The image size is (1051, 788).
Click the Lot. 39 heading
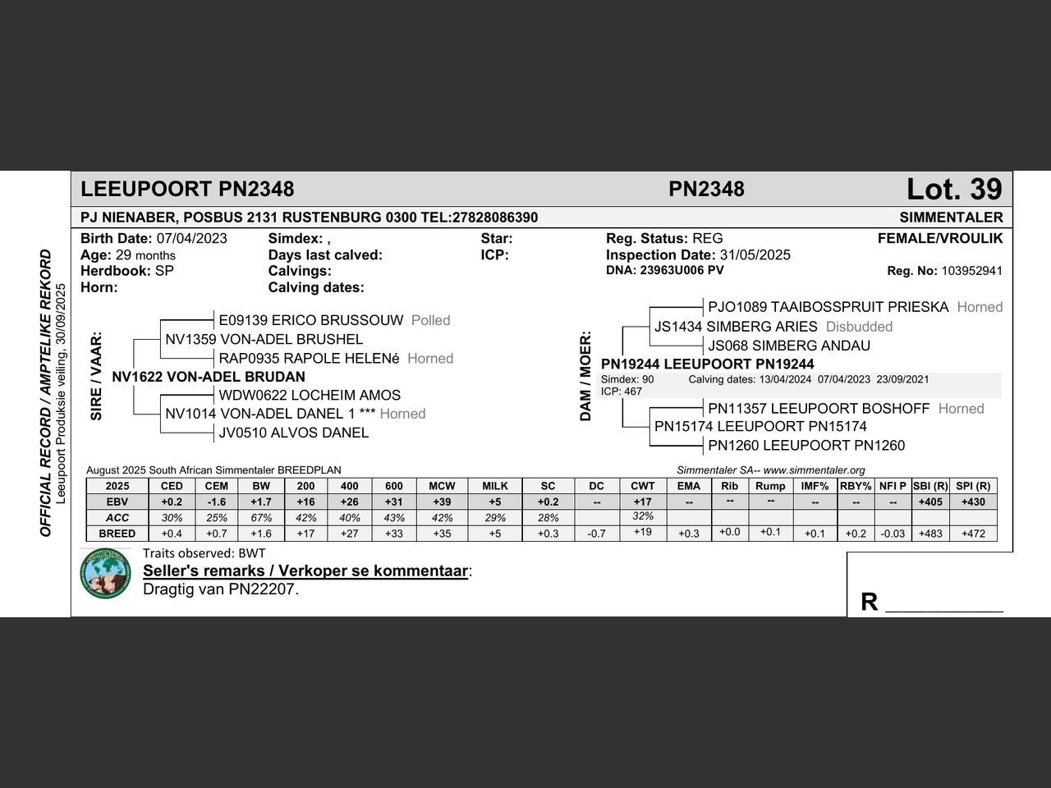coord(954,190)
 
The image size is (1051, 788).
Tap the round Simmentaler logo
coord(106,574)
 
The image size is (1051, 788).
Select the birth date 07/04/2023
coord(191,239)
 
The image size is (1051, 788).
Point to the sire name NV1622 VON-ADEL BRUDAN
coord(209,377)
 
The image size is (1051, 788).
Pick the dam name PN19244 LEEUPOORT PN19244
coord(708,364)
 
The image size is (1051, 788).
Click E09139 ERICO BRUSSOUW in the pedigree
coord(310,320)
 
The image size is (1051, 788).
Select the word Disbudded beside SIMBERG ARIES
coord(859,327)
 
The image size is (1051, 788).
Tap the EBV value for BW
coord(261,502)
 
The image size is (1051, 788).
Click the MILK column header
coord(495,486)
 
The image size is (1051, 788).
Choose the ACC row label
coord(117,518)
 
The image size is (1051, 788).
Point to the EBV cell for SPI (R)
coord(973,502)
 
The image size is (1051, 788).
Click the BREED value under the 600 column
coord(394,534)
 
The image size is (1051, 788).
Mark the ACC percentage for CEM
coord(217,518)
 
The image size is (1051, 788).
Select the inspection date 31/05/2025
coord(755,255)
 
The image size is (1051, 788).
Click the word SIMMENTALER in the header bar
coord(951,218)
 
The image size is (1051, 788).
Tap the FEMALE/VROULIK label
coord(940,239)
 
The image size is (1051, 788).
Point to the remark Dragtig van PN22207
coord(221,589)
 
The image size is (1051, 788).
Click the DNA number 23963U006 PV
coord(682,270)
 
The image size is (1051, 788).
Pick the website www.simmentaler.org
coord(814,470)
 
